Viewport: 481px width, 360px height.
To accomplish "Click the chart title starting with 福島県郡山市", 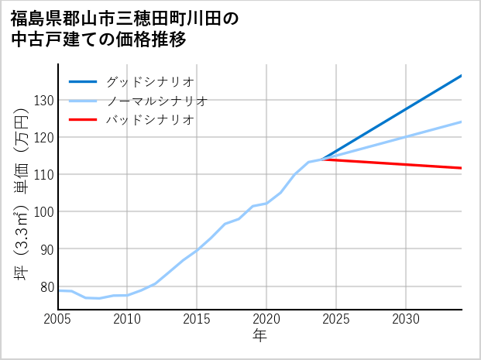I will tap(125, 29).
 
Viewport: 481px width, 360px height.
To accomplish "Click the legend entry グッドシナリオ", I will tap(150, 81).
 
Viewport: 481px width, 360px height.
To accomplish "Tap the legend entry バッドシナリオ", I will tap(150, 120).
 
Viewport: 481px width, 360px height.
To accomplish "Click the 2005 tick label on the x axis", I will tap(57, 319).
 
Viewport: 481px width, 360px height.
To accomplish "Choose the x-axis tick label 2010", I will tap(127, 319).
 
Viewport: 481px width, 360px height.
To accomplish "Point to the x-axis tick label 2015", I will tap(197, 319).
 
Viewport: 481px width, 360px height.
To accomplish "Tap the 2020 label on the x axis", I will tap(266, 319).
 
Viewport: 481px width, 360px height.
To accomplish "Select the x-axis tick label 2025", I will tap(336, 319).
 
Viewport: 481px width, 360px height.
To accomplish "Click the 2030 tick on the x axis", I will tap(406, 319).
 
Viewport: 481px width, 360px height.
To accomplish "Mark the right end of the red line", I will tap(462, 168).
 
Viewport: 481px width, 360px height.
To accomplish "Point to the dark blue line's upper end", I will tap(462, 75).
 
